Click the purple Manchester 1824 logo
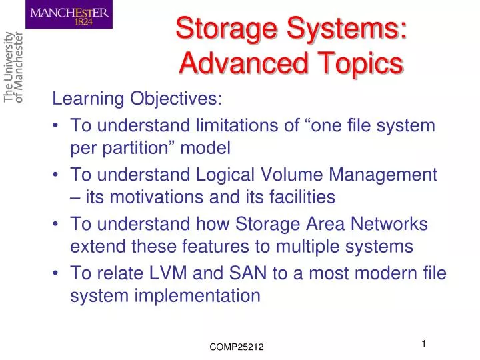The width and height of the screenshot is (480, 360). (x=69, y=15)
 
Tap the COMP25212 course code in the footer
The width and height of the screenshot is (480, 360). (x=237, y=347)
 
